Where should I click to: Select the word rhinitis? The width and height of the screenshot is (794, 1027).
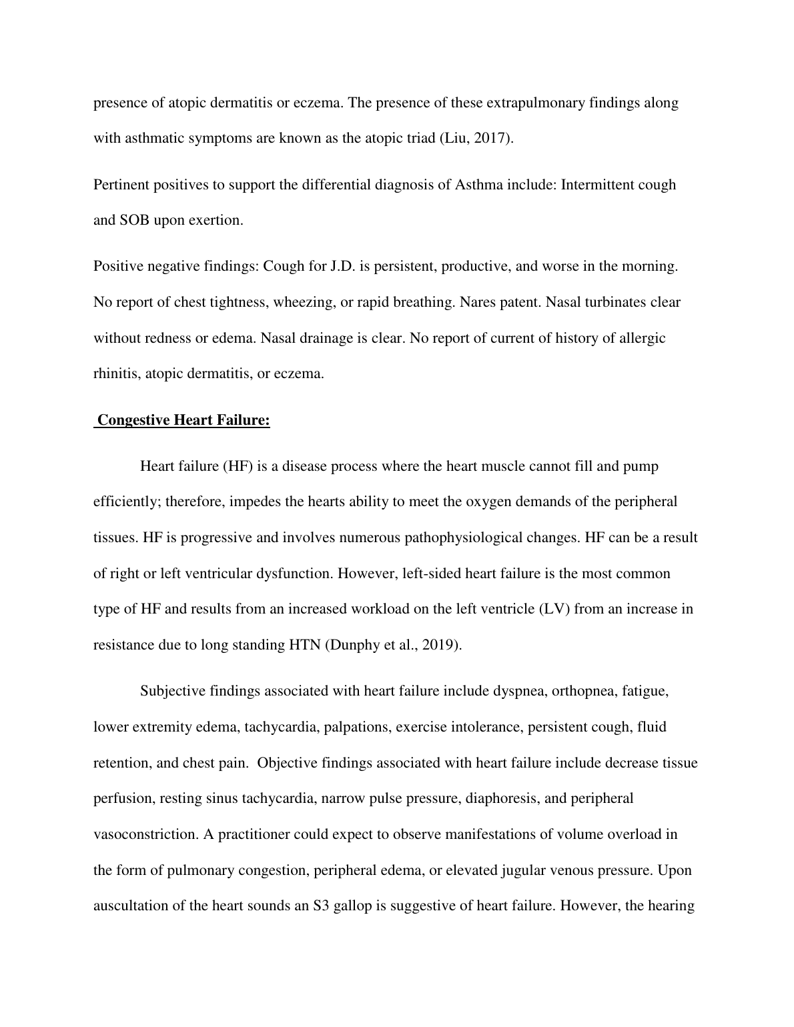pyautogui.click(x=113, y=373)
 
